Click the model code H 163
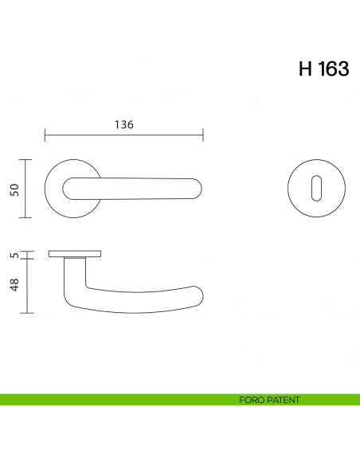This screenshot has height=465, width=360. coord(323,69)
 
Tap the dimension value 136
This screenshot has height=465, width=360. coord(123,125)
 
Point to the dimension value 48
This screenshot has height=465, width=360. coord(14,286)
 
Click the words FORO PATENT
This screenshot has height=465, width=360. coord(269,400)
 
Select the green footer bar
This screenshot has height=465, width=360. coord(119,400)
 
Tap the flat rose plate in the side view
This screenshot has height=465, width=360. coord(75,254)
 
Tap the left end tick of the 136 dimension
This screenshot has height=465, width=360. coord(45,135)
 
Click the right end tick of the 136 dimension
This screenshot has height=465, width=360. coord(203,135)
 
